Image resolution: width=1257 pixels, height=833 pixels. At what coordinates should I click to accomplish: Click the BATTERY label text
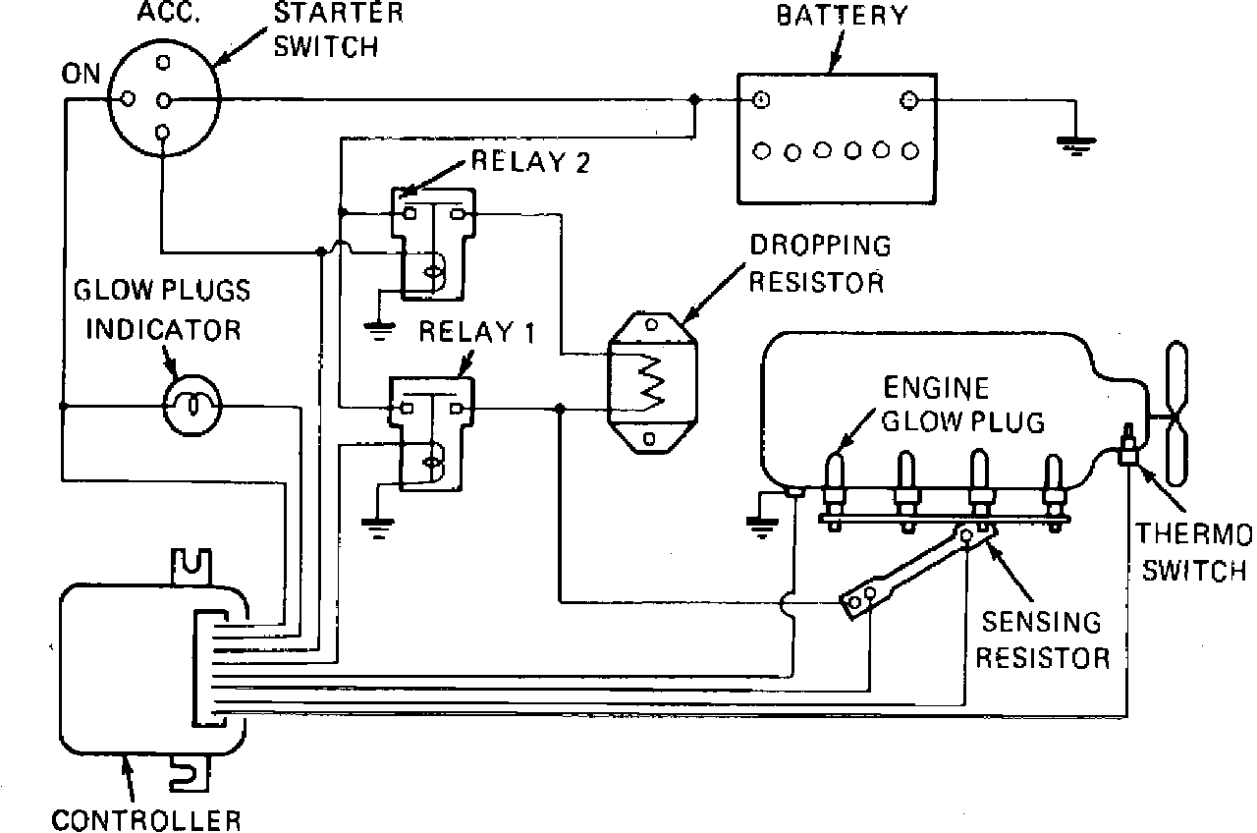[842, 15]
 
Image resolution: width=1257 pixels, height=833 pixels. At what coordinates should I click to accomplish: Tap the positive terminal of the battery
[760, 100]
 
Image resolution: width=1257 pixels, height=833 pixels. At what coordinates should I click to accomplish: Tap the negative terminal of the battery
[908, 100]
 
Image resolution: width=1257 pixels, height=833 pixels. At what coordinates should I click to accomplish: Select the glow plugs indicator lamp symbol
[191, 406]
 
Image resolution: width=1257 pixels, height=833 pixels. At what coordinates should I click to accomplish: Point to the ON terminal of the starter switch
[129, 99]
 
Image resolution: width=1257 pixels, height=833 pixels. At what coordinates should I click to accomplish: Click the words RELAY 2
[530, 162]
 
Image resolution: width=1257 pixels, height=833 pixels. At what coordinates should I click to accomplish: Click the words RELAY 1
[477, 331]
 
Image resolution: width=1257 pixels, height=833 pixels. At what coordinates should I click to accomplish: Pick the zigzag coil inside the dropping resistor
[650, 382]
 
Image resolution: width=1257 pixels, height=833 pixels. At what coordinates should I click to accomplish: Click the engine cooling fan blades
[1176, 413]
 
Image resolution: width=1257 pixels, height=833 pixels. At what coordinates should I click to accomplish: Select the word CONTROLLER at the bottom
[146, 820]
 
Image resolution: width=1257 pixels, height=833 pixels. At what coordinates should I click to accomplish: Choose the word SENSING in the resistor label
[1041, 622]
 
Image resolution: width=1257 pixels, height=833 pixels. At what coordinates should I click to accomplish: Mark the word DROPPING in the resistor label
[820, 246]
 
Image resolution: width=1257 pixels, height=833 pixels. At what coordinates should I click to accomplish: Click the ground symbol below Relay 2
[379, 331]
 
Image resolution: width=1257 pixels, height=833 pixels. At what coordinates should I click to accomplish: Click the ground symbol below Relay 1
[378, 528]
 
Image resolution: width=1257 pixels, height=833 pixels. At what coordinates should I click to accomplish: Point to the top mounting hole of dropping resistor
[651, 324]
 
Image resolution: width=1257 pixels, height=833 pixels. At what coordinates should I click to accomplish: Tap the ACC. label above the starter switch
[169, 12]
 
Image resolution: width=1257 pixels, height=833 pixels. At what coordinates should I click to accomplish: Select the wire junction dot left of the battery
[694, 100]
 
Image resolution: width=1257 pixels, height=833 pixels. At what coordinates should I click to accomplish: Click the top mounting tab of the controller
[191, 568]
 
